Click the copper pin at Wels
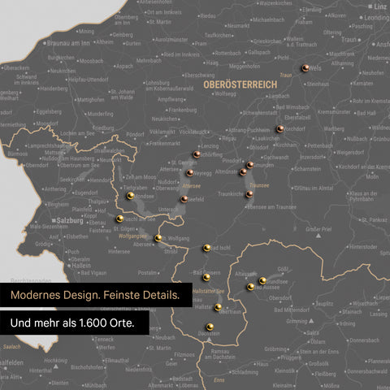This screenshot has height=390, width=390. point(305,69)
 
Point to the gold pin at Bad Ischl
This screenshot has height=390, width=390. point(206,248)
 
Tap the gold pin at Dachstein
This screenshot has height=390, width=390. point(210,327)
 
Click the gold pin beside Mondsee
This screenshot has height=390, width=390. point(130,196)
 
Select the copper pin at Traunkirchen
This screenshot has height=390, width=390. point(249,194)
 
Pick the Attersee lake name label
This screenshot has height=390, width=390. point(193,184)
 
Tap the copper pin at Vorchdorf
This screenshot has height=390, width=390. point(279,128)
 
